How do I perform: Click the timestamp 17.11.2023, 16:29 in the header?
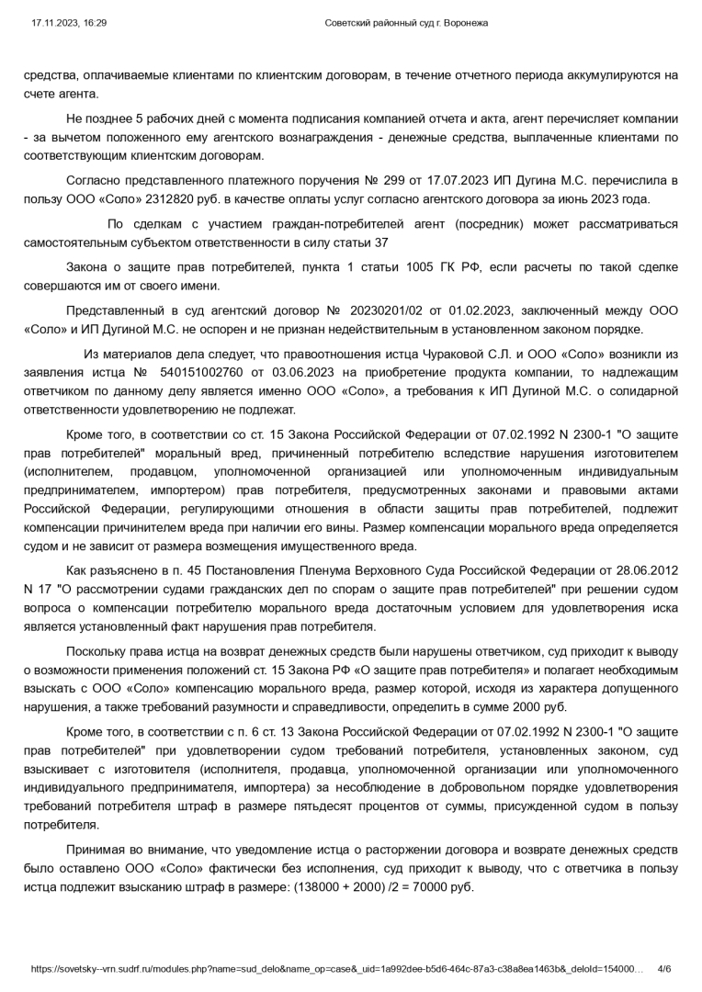click(x=69, y=23)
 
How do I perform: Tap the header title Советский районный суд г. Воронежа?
click(x=406, y=23)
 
